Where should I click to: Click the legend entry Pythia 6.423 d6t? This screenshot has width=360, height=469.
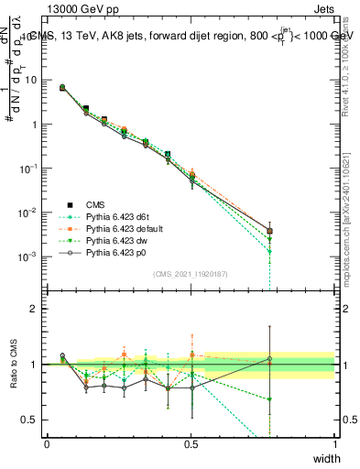110,214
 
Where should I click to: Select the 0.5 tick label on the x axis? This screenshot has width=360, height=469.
191,443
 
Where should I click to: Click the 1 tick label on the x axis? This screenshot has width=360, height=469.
334,443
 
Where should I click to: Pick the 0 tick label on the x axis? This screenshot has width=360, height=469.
48,443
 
